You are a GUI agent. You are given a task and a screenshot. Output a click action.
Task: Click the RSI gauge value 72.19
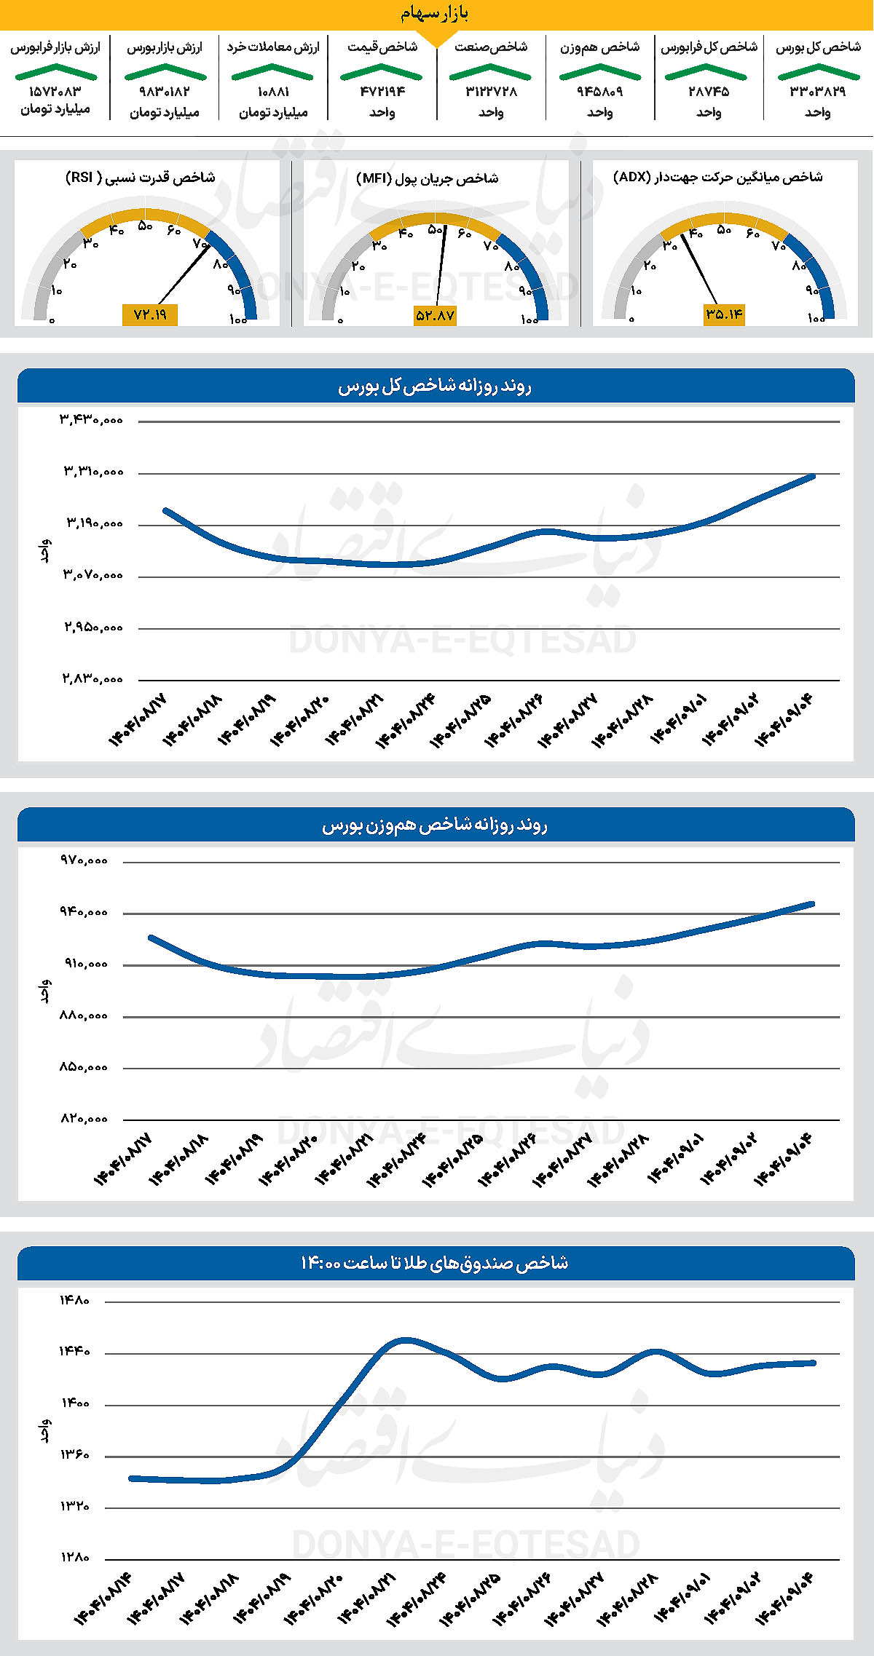(x=150, y=314)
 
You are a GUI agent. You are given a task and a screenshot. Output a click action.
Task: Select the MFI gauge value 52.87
(x=435, y=315)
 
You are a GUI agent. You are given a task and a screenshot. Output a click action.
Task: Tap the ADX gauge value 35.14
(x=724, y=314)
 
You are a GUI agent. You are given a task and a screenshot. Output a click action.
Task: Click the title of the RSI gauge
(x=141, y=178)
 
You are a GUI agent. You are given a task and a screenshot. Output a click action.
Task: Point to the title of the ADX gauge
(x=718, y=177)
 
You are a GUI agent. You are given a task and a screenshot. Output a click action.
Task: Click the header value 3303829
(x=817, y=92)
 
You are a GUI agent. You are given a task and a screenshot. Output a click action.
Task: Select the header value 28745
(x=709, y=92)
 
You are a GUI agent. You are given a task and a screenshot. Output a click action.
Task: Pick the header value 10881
(x=273, y=92)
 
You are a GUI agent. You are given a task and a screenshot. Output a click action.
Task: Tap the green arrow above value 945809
(x=599, y=71)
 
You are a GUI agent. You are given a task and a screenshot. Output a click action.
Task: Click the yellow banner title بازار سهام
(x=435, y=14)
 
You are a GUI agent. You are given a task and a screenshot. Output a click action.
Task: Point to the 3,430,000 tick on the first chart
(x=92, y=420)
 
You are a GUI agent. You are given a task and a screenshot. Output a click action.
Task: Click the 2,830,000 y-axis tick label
(x=92, y=678)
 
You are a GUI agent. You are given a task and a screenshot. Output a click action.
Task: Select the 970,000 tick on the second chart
(x=84, y=860)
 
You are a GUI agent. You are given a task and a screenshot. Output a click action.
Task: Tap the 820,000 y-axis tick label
(x=84, y=1119)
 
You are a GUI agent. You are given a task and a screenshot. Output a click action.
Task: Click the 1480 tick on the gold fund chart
(x=74, y=1300)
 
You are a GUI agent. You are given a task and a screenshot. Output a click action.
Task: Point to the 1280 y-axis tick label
(x=74, y=1558)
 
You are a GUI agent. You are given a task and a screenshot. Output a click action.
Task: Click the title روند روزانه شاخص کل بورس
(x=435, y=387)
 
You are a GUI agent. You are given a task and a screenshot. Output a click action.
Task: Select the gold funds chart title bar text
(x=435, y=1263)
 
